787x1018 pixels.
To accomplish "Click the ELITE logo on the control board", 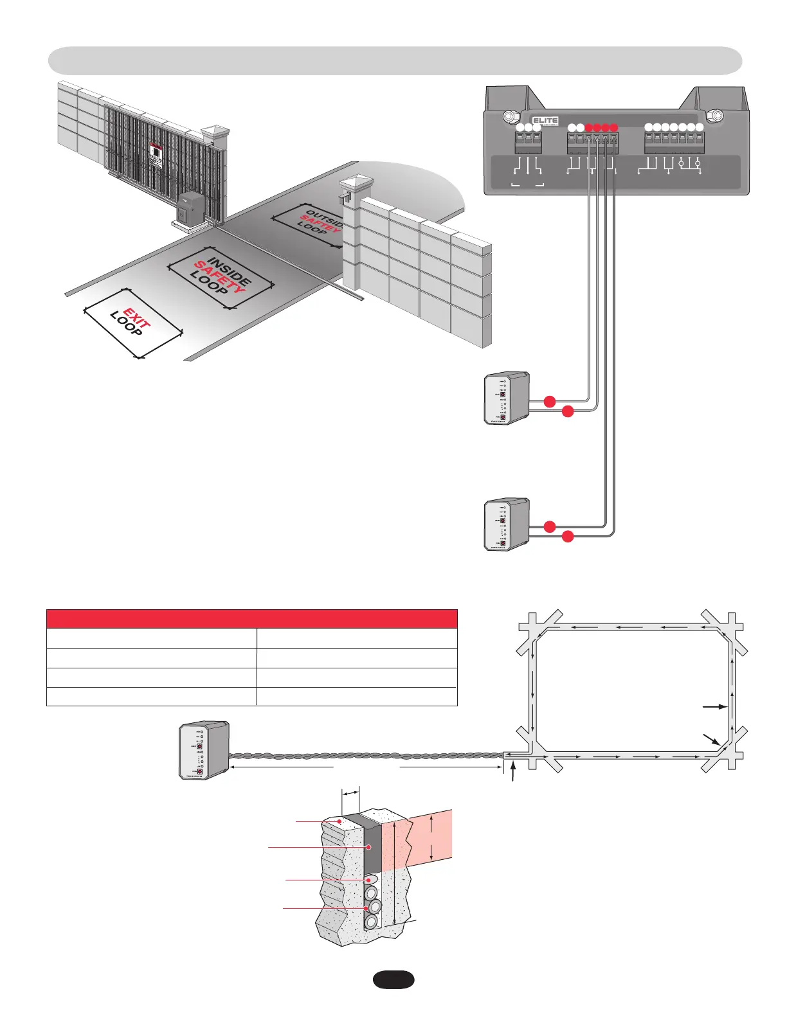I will [x=545, y=121].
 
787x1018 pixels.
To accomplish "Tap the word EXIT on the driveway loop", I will [x=137, y=318].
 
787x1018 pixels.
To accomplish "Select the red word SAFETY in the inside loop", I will [x=220, y=276].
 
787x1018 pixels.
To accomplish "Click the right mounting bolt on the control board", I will [x=714, y=116].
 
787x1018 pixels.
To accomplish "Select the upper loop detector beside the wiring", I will [x=507, y=398].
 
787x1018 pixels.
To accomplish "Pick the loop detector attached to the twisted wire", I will [x=203, y=751].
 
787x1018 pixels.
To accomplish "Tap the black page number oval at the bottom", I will [x=394, y=979].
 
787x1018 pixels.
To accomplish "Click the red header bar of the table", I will [x=251, y=619].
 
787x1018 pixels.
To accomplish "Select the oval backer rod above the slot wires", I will [x=371, y=880].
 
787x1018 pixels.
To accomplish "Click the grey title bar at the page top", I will [x=395, y=60].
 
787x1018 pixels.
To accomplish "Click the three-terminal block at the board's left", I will [x=529, y=143].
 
